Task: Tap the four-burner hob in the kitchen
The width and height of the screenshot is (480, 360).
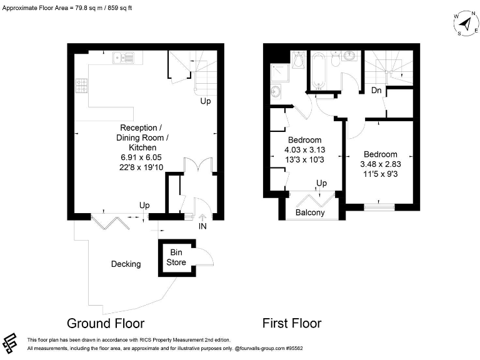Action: click(x=81, y=85)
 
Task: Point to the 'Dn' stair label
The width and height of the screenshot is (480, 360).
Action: click(x=376, y=91)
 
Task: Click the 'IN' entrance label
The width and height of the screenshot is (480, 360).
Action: click(x=202, y=226)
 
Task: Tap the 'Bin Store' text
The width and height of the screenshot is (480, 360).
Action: click(x=176, y=257)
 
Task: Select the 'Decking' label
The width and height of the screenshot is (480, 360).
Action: click(x=126, y=264)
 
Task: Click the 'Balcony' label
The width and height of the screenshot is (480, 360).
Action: click(x=309, y=212)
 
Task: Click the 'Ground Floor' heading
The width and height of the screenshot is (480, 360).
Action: click(x=106, y=323)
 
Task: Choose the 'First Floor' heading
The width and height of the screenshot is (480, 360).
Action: click(x=292, y=323)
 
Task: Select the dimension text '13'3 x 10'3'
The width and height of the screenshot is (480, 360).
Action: click(x=304, y=160)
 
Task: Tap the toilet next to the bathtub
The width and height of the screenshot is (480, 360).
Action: click(x=336, y=59)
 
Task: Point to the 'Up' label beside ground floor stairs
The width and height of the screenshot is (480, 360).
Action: click(x=206, y=101)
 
